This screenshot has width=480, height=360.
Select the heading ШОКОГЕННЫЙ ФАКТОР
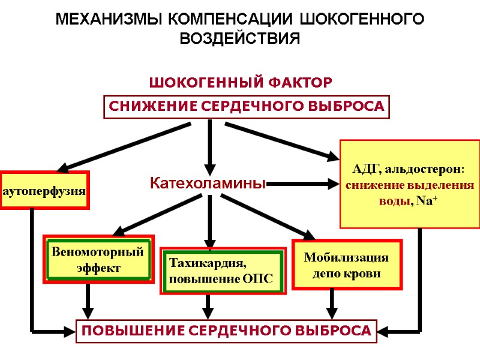point(239,81)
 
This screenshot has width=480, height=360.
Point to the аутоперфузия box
point(44,191)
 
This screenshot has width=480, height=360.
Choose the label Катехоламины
point(207,184)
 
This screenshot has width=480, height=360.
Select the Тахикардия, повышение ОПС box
point(223,271)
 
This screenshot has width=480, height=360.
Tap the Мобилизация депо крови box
point(346,265)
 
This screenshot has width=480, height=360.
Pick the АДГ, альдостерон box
point(410,184)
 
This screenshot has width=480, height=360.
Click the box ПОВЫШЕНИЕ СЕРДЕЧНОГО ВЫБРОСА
point(226,331)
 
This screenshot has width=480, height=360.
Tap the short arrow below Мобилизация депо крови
point(332,304)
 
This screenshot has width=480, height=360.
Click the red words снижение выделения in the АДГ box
point(410,186)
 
